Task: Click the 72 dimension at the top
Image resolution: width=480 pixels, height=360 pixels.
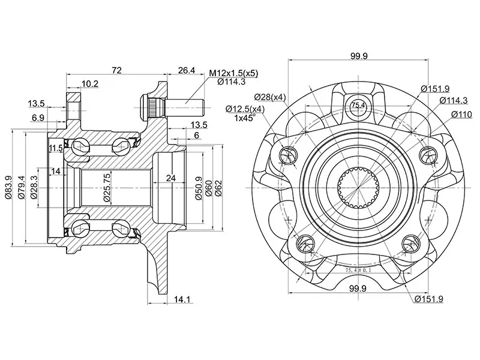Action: point(116,71)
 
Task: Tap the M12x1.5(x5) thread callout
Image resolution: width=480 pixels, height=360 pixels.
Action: point(234,73)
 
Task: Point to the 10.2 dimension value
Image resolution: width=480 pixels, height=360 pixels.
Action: point(91,84)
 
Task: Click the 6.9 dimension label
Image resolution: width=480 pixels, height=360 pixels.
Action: point(37,118)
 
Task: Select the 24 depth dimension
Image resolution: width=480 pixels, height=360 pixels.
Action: point(171,178)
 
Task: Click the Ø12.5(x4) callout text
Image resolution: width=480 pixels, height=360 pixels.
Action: point(245,109)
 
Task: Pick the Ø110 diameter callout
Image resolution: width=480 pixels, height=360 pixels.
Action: point(461,115)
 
